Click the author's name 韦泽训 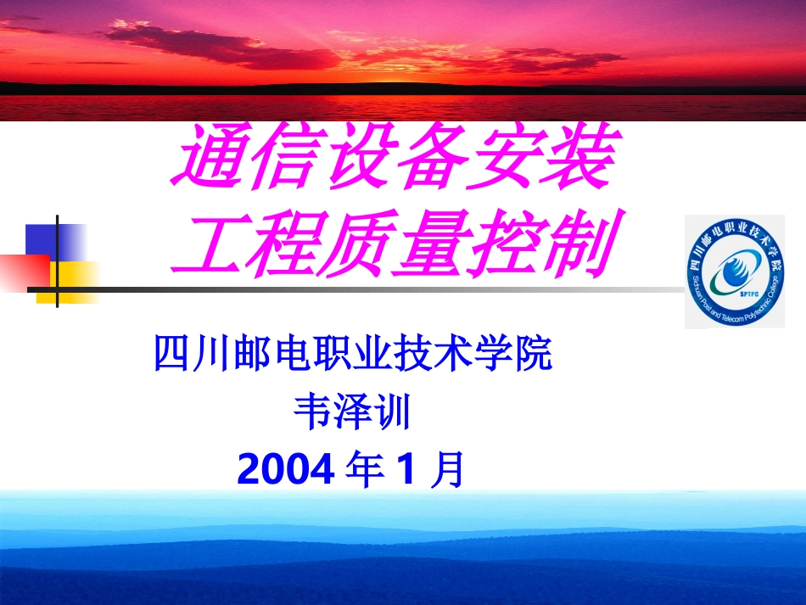point(352,413)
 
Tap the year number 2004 point(286,469)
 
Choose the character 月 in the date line point(447,469)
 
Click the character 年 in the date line point(366,469)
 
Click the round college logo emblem point(735,272)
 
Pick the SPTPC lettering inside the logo point(735,292)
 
